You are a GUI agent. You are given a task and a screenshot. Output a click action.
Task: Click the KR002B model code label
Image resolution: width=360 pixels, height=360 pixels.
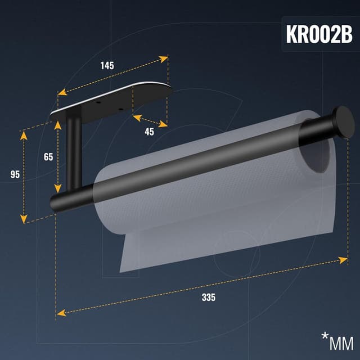[x=319, y=34]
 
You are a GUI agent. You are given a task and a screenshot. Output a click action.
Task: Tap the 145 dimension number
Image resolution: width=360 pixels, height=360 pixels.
[x=107, y=65]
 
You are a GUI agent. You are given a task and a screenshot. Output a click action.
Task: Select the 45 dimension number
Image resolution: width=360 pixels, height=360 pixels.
[x=149, y=132]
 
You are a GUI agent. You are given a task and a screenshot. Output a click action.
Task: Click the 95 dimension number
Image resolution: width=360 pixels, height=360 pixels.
[x=16, y=174]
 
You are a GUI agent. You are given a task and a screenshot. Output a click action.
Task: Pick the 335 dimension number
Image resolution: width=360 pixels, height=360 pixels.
[x=208, y=297]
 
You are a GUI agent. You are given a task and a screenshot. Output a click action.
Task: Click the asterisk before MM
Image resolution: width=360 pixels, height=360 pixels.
[x=325, y=336]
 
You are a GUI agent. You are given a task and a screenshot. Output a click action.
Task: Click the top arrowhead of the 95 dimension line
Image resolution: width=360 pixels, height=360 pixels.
[x=24, y=135]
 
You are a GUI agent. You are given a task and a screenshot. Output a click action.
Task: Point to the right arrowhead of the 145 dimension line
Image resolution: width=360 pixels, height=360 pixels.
[x=164, y=57]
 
